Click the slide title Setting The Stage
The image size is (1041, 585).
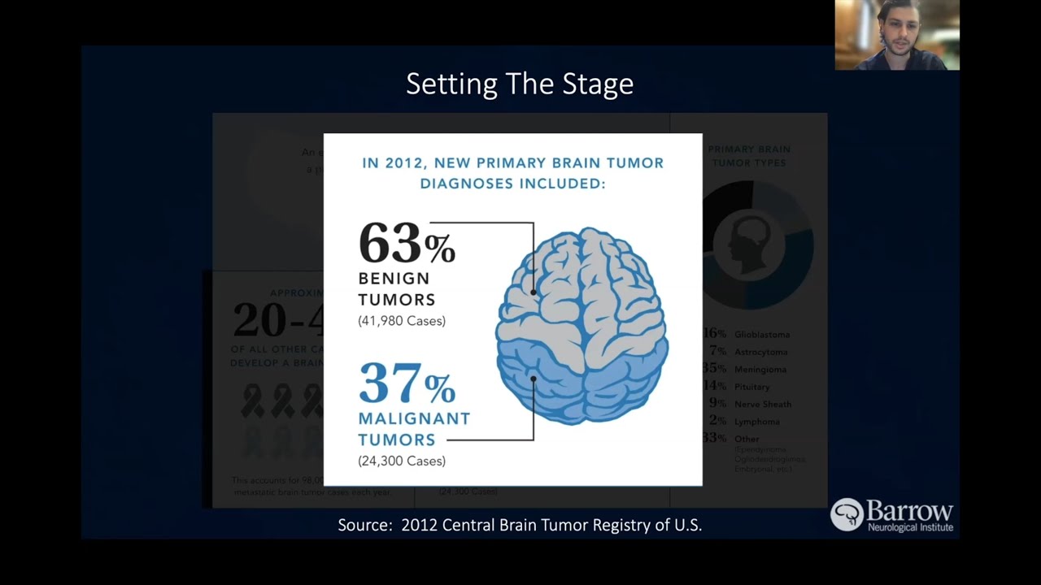tap(520, 84)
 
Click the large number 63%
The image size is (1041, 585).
tap(406, 244)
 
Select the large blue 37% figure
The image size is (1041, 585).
tap(406, 383)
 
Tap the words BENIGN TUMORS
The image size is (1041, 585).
tap(396, 289)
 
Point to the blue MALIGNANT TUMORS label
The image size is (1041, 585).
tap(414, 429)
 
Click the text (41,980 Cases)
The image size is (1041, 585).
tap(402, 321)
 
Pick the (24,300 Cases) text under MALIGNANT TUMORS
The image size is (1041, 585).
tap(402, 461)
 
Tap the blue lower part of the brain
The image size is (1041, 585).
tap(581, 382)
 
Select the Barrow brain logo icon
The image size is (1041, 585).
tap(847, 514)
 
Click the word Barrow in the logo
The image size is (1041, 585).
tap(909, 511)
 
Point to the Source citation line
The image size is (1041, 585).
tap(520, 525)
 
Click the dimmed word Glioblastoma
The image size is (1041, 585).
tap(762, 334)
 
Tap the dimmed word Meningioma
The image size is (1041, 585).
tap(760, 370)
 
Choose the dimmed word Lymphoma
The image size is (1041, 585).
tap(757, 422)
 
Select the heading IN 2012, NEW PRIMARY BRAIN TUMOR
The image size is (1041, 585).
tap(512, 162)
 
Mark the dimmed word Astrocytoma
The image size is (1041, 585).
tap(761, 352)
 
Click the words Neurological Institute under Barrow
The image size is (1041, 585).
tap(910, 527)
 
